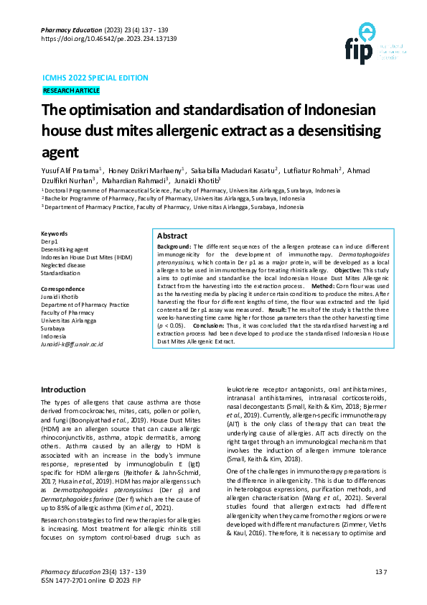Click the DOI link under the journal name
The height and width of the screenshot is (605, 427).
tap(109, 39)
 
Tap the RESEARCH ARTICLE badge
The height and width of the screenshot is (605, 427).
tap(71, 91)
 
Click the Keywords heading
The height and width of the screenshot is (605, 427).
tap(55, 234)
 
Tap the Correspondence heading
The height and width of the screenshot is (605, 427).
tap(65, 290)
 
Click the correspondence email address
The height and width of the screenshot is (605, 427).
tap(72, 345)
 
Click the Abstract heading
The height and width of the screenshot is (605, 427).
tap(172, 236)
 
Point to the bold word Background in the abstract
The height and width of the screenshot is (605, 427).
tap(174, 246)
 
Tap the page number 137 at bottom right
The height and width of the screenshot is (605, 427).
tap(380, 572)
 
